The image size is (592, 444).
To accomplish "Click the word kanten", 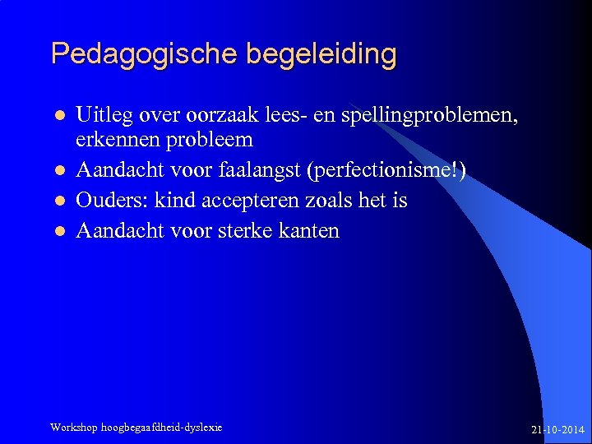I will tap(309, 231).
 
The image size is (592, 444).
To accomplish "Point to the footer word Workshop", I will tap(73, 428).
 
